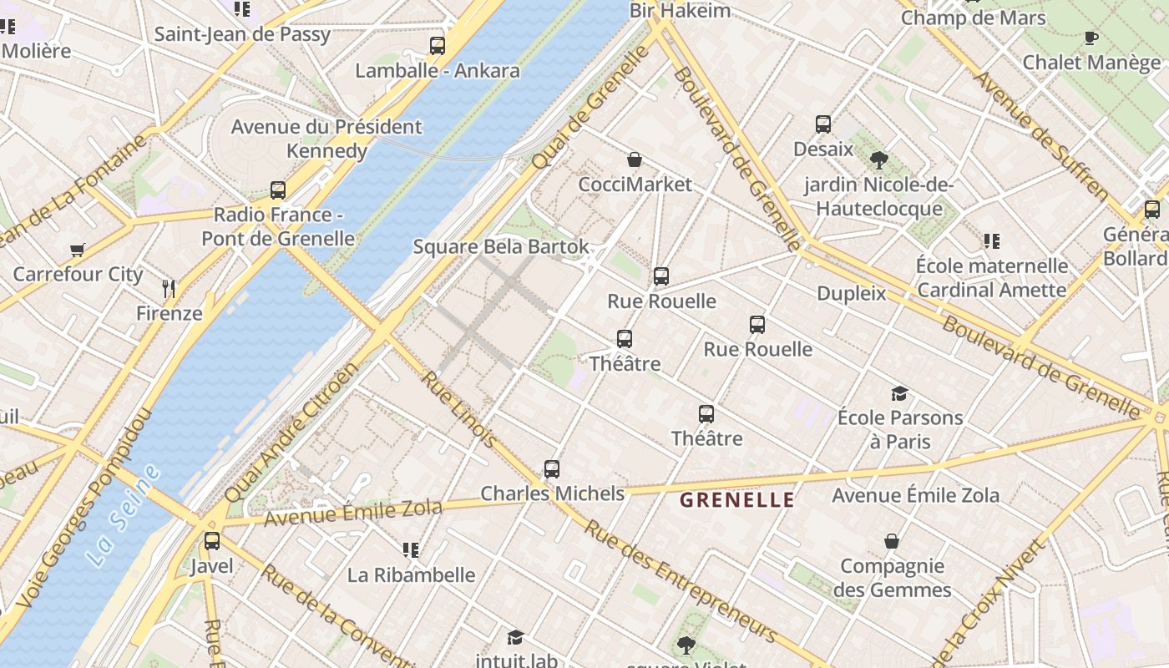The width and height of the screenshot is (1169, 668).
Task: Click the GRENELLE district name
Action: click(x=736, y=500)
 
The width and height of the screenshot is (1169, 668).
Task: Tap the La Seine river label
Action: click(x=124, y=516)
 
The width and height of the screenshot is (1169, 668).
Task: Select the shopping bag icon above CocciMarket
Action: click(x=635, y=159)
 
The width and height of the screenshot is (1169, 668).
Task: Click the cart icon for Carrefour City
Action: click(x=78, y=250)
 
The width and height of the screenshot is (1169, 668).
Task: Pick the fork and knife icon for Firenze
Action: click(x=170, y=289)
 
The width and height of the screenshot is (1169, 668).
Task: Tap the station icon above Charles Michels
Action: click(x=552, y=469)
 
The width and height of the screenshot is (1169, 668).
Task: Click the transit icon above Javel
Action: click(x=212, y=541)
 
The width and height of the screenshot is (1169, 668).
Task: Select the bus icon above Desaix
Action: click(x=823, y=124)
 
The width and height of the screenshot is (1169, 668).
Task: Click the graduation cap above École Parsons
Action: click(x=899, y=393)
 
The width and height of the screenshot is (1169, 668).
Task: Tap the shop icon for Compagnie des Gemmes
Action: click(x=892, y=541)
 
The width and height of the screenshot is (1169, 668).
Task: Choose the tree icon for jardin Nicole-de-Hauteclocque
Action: click(x=878, y=159)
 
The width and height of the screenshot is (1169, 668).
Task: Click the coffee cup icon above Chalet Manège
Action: click(x=1091, y=38)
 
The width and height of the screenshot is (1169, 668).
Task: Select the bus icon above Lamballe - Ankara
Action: click(x=438, y=46)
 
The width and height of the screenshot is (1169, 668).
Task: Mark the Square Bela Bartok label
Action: click(x=501, y=247)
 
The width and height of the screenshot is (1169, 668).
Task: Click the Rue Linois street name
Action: click(x=458, y=409)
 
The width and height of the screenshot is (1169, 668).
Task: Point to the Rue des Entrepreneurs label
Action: click(x=680, y=581)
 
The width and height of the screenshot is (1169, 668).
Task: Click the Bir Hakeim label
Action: click(x=680, y=11)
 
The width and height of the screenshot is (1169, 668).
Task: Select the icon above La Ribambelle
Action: click(x=411, y=550)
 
